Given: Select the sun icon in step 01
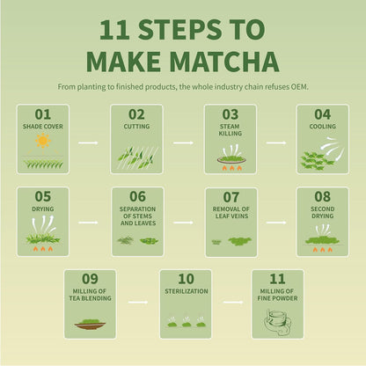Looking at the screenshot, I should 42,141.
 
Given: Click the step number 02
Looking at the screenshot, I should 136,114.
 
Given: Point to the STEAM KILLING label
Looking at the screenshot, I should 231,130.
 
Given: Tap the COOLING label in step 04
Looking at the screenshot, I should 322,126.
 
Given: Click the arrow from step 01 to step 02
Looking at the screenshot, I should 88,141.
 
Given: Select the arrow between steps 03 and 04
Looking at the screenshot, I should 276,141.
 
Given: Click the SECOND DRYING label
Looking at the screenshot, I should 322,212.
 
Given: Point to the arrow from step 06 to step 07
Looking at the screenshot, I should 183,223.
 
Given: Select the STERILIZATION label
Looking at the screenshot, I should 185,289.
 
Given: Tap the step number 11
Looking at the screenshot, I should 277,279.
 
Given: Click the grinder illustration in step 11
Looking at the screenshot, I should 278,319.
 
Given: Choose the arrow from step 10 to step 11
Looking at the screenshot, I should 231,304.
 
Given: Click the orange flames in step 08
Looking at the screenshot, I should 322,249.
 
